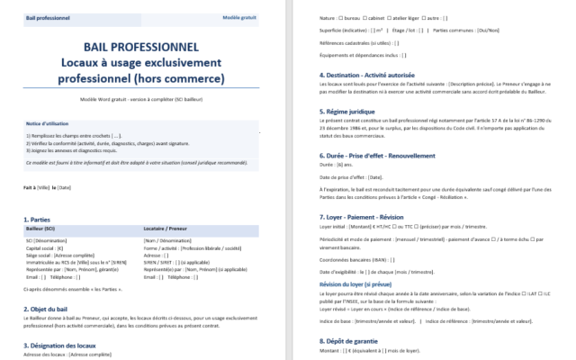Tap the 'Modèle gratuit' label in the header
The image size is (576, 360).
pyautogui.click(x=239, y=17)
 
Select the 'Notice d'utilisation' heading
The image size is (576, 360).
pyautogui.click(x=49, y=121)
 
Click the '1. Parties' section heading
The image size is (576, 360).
pyautogui.click(x=38, y=220)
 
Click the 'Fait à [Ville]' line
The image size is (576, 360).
pyautogui.click(x=49, y=187)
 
